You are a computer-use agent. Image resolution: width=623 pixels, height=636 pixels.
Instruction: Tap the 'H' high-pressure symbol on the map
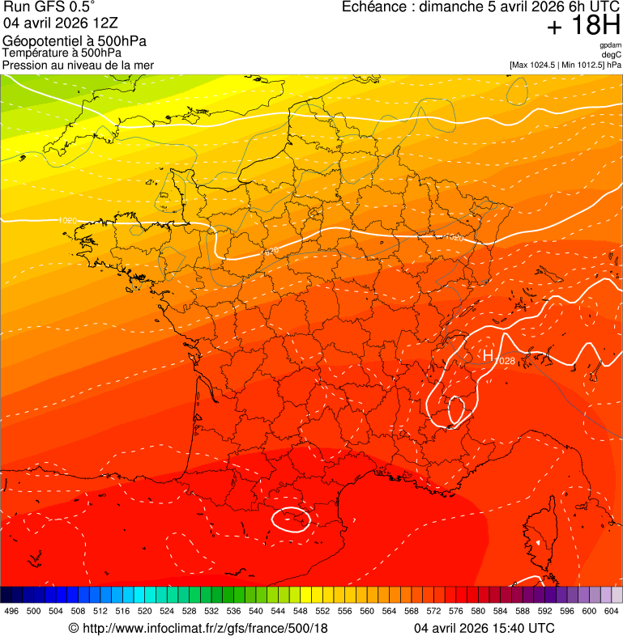(488, 355)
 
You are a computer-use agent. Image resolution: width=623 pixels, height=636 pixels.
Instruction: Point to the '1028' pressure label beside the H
(505, 360)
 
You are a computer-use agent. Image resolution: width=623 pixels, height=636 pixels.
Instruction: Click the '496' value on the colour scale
(11, 612)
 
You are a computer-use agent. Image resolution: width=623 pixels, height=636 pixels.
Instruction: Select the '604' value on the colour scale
(611, 612)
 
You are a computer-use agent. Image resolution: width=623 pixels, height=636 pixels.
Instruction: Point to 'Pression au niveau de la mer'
(78, 65)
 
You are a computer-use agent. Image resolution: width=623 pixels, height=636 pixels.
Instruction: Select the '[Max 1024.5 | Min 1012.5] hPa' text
(565, 65)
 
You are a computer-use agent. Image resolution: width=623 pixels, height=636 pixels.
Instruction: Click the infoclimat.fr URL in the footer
(198, 628)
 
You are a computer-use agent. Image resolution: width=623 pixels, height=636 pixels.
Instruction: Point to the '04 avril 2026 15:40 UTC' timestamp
(484, 628)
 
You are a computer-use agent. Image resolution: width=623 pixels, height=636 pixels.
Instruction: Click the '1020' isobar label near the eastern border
(455, 238)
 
